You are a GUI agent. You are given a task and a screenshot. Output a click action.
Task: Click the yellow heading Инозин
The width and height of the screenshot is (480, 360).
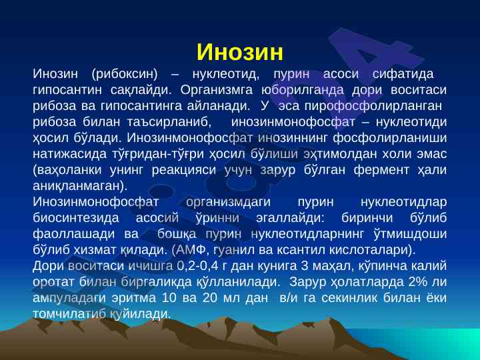pos(240,52)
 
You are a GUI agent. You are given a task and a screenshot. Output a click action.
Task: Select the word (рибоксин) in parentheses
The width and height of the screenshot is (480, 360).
pos(124,74)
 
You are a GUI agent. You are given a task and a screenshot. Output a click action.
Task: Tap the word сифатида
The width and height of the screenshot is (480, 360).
pos(403,74)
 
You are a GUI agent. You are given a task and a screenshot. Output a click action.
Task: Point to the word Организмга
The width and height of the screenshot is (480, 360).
pos(217,90)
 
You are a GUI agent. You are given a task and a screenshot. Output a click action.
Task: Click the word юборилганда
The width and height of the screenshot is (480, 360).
pos(303,90)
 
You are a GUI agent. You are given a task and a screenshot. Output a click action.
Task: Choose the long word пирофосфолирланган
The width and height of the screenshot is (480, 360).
pos(373,106)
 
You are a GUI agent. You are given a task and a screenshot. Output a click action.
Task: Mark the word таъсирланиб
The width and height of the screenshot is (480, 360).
pos(169,122)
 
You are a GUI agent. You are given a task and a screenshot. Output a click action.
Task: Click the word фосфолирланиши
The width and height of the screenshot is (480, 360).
pos(390,138)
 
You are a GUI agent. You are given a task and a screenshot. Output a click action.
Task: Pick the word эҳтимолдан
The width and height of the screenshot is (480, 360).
pos(340,154)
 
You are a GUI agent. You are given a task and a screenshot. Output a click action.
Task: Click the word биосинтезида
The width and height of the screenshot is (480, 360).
pos(75,218)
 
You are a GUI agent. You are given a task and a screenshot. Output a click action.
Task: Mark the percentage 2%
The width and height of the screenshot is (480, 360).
pos(417,282)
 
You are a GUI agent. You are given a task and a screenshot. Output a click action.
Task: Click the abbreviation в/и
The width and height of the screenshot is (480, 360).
pos(289,298)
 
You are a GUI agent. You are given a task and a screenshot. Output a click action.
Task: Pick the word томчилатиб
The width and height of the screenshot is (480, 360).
pos(69,314)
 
